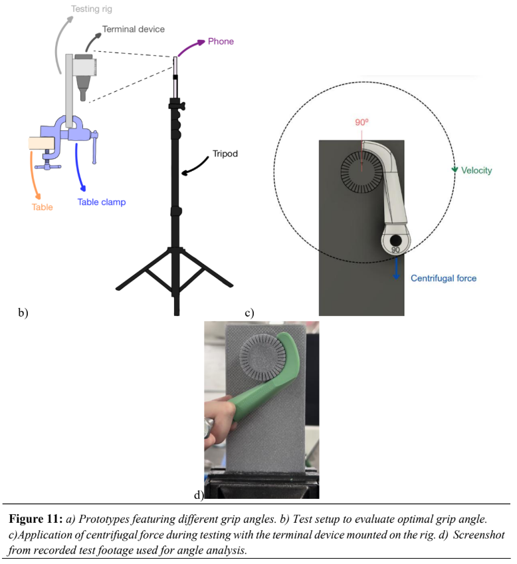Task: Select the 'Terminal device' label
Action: coord(133,30)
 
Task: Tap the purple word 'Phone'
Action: coord(221,41)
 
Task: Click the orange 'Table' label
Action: coord(43,207)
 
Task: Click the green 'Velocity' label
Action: coord(476,171)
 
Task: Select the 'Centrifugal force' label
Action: coord(443,278)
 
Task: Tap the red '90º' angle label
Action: coord(362,122)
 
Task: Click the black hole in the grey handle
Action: coord(396,239)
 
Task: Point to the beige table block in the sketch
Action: coord(43,143)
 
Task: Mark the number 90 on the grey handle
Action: coord(395,250)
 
